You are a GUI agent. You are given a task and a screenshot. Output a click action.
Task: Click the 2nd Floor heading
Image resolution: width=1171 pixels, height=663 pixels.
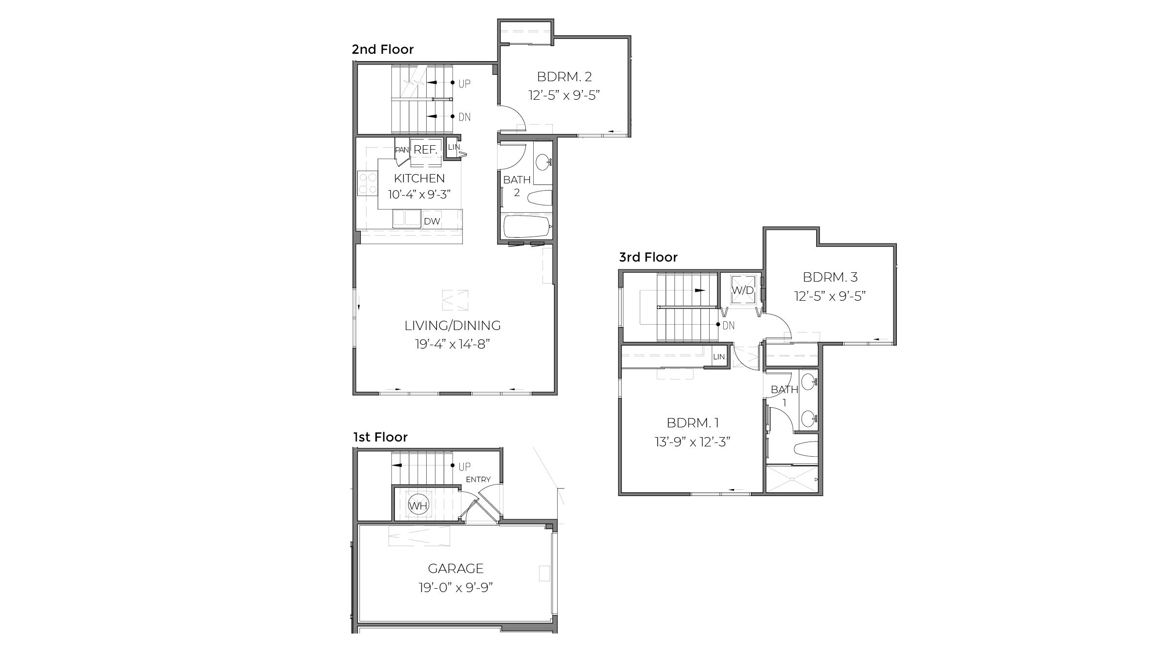coord(383,49)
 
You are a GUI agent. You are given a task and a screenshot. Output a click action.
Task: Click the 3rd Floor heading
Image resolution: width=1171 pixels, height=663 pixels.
coord(648,257)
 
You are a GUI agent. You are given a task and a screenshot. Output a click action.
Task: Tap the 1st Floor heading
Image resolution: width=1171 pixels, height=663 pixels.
coord(380,437)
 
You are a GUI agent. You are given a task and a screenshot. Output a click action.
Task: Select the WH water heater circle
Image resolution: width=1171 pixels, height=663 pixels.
coord(418,506)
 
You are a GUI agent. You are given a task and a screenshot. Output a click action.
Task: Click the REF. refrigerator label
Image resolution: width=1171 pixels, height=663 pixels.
coord(425,150)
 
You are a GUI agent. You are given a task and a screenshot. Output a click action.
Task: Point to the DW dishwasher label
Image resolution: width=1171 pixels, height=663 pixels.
coord(432,221)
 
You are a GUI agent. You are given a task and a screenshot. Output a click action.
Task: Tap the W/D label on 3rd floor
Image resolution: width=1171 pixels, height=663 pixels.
coord(742,290)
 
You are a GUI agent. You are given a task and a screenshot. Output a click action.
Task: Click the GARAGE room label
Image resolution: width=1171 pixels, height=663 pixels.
coord(455,568)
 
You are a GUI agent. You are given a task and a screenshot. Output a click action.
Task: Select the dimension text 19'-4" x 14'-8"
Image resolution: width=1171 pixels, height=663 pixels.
coord(453,344)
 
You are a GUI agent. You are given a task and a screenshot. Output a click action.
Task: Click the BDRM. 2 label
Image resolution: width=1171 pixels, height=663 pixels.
coord(564,77)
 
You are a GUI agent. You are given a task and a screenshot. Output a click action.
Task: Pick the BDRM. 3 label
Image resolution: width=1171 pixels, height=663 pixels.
coord(830,277)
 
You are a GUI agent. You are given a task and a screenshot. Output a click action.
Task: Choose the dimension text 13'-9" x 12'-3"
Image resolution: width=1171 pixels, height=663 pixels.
coord(692,442)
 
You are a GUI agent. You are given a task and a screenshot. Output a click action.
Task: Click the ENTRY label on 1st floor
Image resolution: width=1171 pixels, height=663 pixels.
coord(478,480)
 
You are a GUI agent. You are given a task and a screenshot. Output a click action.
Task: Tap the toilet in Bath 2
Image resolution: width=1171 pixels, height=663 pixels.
coord(540,198)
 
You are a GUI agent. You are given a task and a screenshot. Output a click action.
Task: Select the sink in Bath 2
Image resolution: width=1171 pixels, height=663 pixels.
coord(542,161)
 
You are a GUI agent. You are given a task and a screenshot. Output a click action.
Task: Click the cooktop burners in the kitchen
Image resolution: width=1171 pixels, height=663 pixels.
coord(367,183)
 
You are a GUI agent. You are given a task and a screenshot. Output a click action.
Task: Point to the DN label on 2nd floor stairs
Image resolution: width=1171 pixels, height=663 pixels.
coord(464,117)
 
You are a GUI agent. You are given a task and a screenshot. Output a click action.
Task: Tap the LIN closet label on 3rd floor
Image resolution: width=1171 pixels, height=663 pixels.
coord(718,357)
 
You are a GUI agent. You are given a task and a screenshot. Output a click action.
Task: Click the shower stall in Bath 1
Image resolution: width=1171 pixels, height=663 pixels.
coord(791,480)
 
